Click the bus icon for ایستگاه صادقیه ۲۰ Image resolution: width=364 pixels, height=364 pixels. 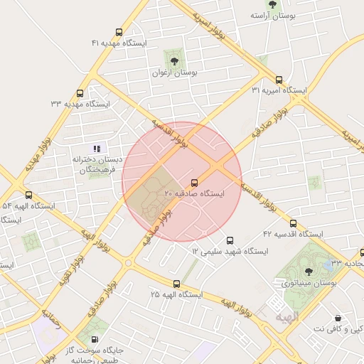pos(195,182)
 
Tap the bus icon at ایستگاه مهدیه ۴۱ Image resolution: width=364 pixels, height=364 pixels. pos(118,32)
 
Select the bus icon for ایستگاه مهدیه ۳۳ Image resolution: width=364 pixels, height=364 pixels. pos(80,93)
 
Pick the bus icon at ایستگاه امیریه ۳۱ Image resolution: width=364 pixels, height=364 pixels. pos(278,80)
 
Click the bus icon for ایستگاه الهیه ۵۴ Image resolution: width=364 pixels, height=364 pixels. pos(28,195)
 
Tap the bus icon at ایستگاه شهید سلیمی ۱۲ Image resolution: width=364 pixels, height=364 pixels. pos(229,240)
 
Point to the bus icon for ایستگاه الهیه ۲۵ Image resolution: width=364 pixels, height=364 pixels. pos(176,284)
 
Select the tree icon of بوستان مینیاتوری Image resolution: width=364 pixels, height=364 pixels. pos(308,270)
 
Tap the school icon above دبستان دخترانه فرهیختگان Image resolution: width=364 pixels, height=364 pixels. pos(97,149)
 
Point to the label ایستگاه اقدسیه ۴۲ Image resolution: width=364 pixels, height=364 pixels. pos(292,234)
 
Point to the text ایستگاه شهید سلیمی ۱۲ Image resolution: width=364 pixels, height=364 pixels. pos(229,252)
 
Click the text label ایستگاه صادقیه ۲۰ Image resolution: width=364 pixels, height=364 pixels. pos(194,193)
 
